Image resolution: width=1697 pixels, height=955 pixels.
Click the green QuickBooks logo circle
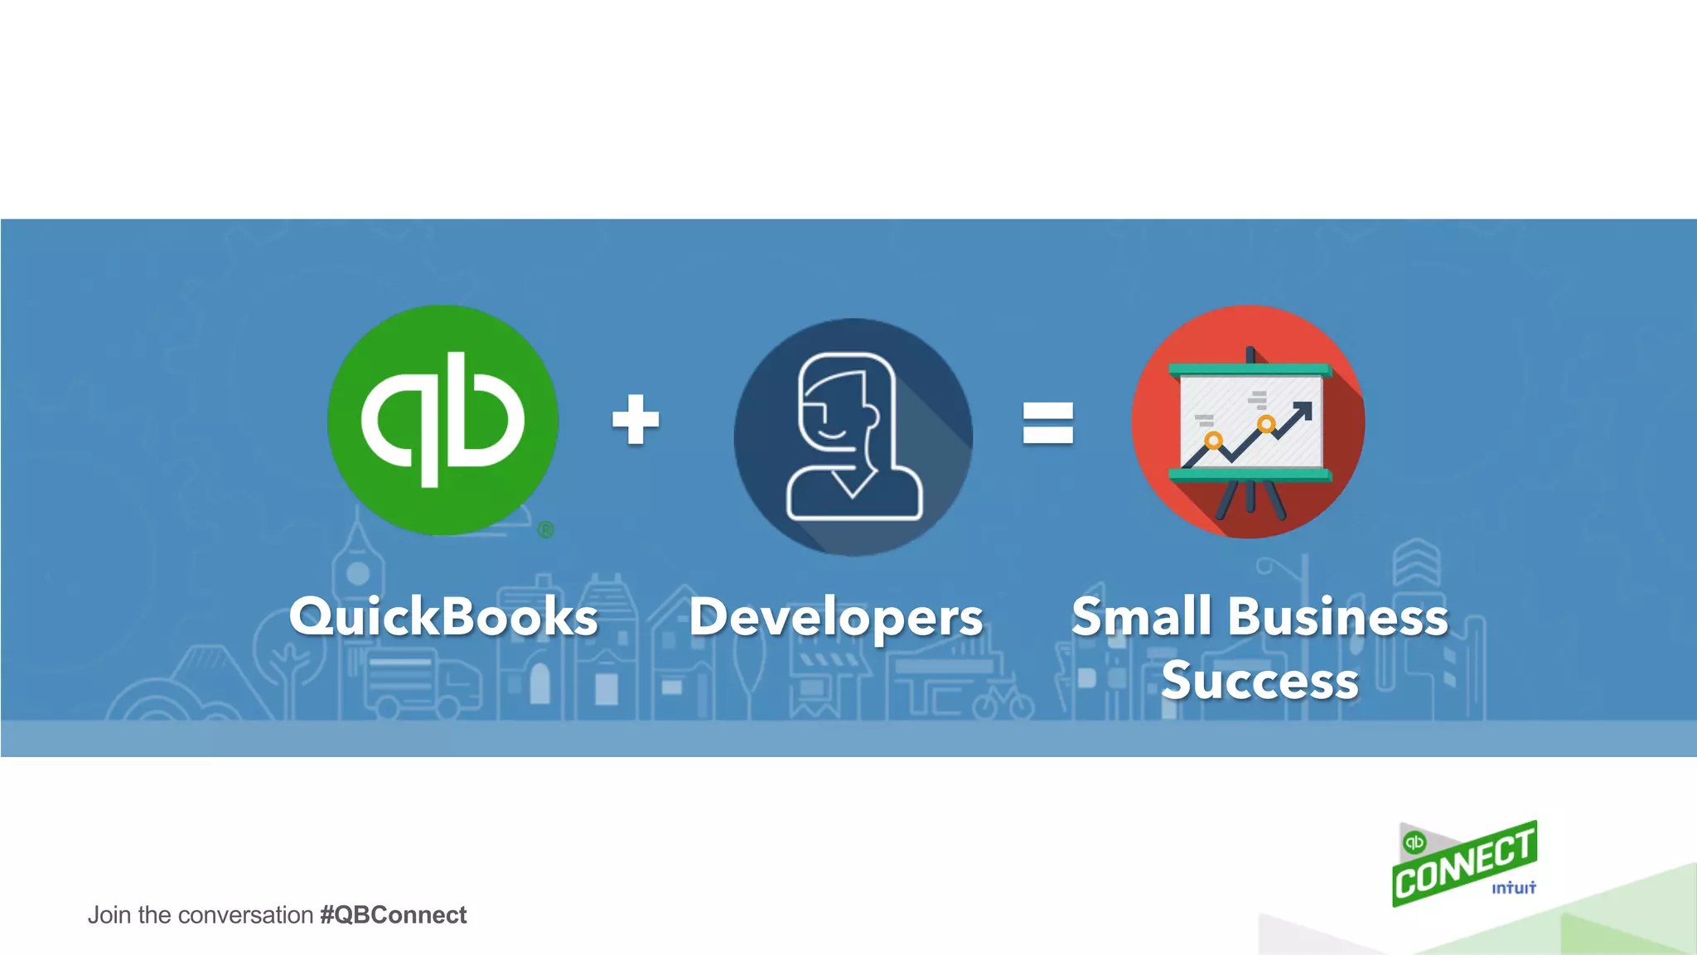click(442, 420)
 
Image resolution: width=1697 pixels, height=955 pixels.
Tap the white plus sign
click(636, 419)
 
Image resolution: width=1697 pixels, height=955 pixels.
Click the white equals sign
click(1047, 422)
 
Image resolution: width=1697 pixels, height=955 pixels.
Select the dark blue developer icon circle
click(853, 437)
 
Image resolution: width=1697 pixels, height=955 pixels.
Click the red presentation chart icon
click(1248, 422)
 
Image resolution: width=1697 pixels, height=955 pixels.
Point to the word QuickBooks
click(443, 617)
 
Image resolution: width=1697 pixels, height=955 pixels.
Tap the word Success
click(1259, 681)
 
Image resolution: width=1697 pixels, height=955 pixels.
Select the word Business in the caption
click(1337, 617)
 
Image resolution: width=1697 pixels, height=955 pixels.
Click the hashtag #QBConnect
click(393, 915)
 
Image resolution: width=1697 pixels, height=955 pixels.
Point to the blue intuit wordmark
click(1514, 888)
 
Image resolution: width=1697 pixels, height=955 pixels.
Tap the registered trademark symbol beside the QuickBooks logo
click(545, 530)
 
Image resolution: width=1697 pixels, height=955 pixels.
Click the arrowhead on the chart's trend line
click(1303, 409)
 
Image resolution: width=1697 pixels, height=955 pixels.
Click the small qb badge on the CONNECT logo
click(1414, 842)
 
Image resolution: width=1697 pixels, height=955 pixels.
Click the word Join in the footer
click(109, 915)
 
